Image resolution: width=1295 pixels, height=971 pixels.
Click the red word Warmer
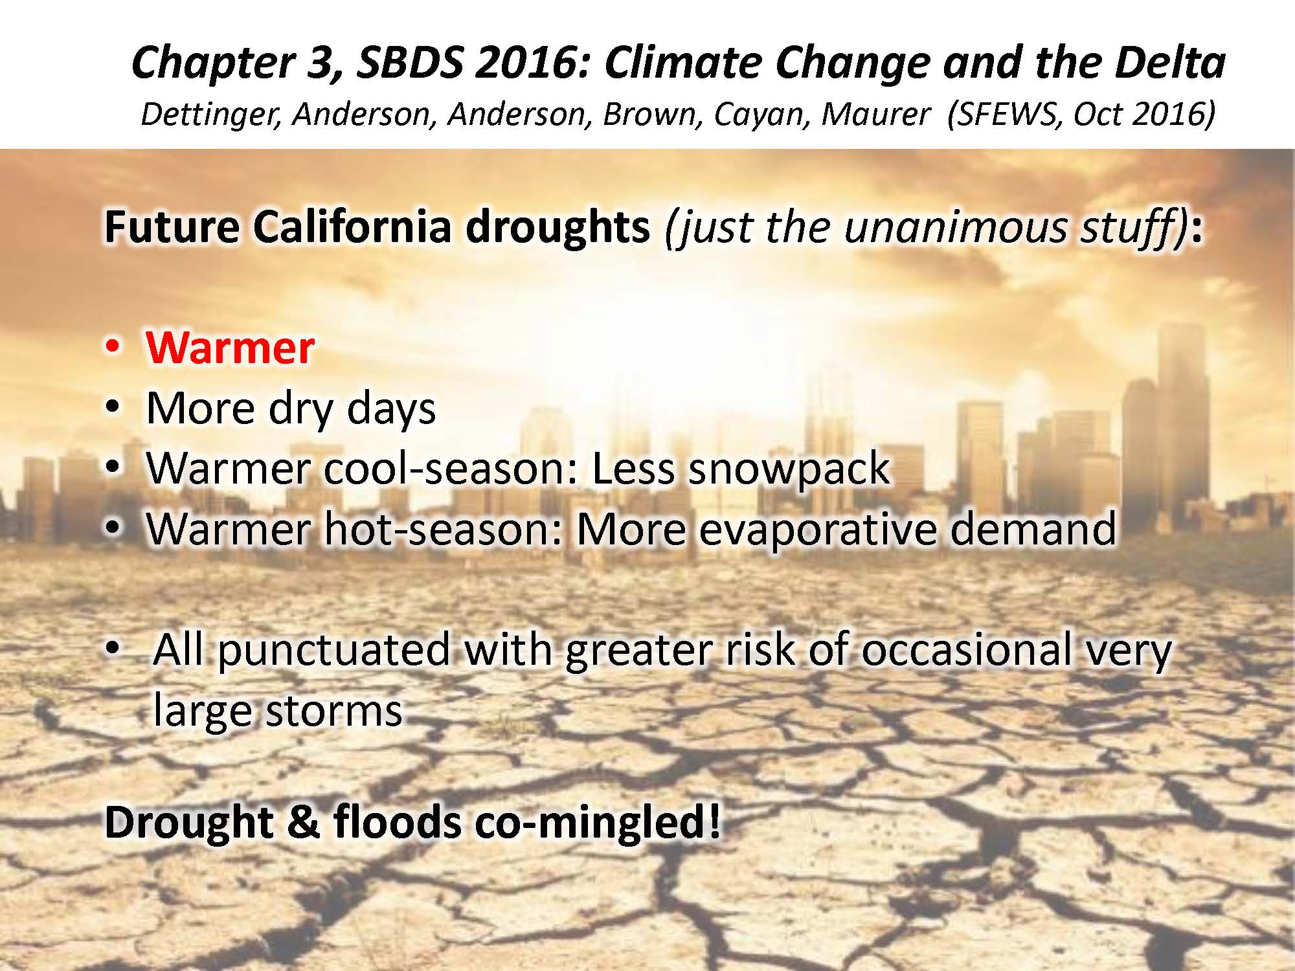point(231,348)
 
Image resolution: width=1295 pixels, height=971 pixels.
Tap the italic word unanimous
point(954,227)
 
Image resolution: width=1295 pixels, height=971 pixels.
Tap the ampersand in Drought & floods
point(304,822)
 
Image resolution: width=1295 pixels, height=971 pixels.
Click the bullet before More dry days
point(113,408)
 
